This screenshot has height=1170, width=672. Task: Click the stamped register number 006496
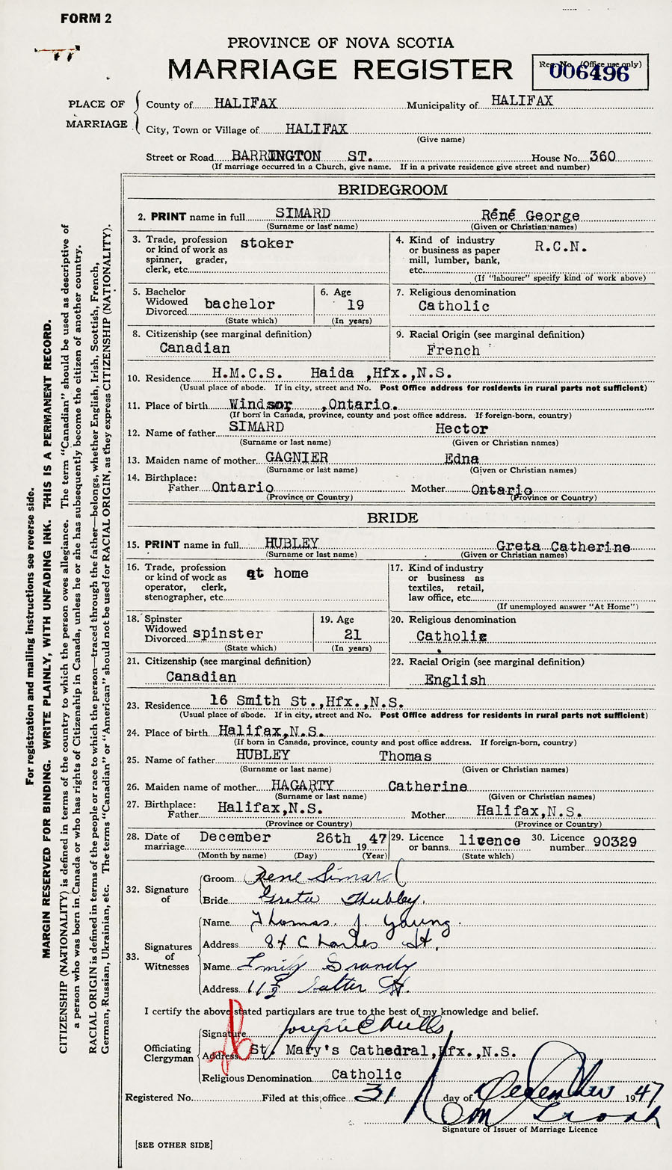click(590, 73)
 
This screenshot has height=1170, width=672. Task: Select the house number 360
click(602, 156)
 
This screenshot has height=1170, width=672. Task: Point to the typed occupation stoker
click(267, 244)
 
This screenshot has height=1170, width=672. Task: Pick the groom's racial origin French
click(453, 350)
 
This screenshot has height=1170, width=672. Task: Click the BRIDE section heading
click(392, 517)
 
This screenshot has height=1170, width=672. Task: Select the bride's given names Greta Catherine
click(563, 546)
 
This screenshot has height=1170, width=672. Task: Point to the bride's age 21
click(352, 634)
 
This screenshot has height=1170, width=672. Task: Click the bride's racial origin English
click(454, 680)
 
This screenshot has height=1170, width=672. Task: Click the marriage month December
click(235, 838)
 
